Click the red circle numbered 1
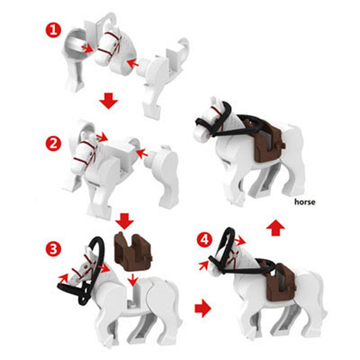[53, 31]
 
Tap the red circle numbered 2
[53, 144]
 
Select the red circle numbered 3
[53, 249]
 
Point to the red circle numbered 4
[204, 240]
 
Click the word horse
[305, 202]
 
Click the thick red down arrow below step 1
[109, 100]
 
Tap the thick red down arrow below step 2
[125, 221]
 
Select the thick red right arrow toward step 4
[203, 308]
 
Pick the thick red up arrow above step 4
[275, 228]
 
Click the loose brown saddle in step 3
[133, 251]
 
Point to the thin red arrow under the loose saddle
[132, 279]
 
